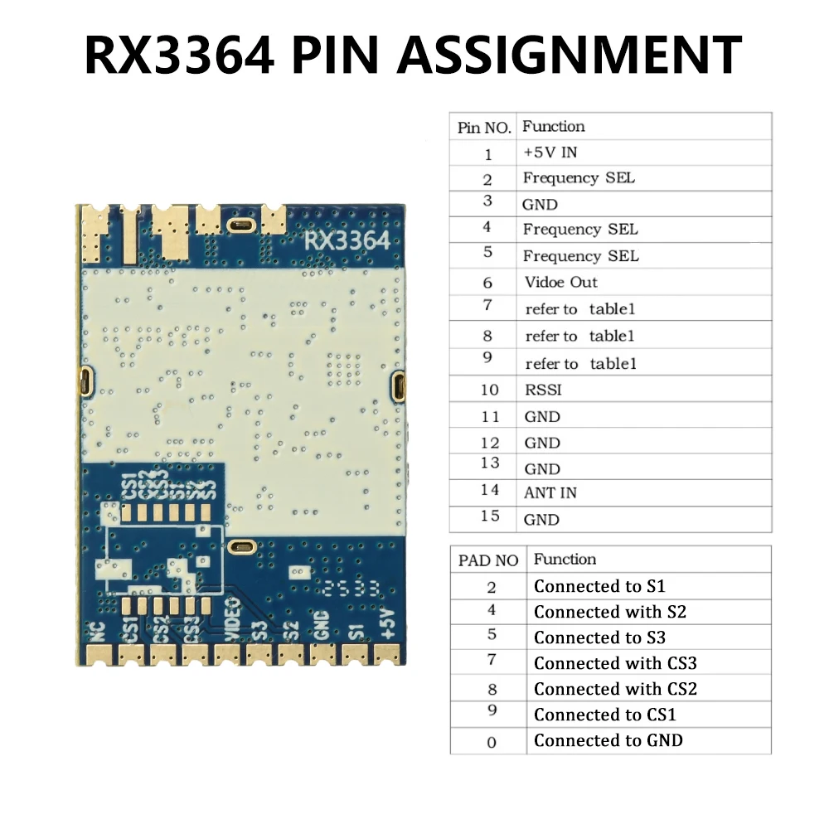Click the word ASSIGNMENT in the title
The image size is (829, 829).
coord(570,55)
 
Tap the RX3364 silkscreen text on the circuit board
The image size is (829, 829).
coord(347,240)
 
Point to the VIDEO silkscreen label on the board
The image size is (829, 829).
coord(233,618)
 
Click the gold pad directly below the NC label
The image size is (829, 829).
coord(99,655)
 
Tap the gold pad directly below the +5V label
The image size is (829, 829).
coord(387,655)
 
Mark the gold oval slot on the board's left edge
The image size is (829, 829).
coord(84,381)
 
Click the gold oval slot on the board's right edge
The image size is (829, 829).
coord(399,385)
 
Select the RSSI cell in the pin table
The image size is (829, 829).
coord(543,390)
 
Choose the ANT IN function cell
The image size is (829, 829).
coord(550,492)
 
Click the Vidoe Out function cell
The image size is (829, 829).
coord(561,283)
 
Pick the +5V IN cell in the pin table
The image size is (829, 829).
coord(550,153)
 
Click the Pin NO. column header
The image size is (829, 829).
coord(484,128)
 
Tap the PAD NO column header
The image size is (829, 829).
coord(488,560)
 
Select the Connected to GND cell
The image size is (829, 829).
coord(608,740)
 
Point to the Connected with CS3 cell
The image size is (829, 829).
coord(615,663)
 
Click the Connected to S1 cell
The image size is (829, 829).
coord(599,586)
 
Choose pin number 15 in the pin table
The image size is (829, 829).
coord(490,516)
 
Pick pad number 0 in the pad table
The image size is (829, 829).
coord(492,742)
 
